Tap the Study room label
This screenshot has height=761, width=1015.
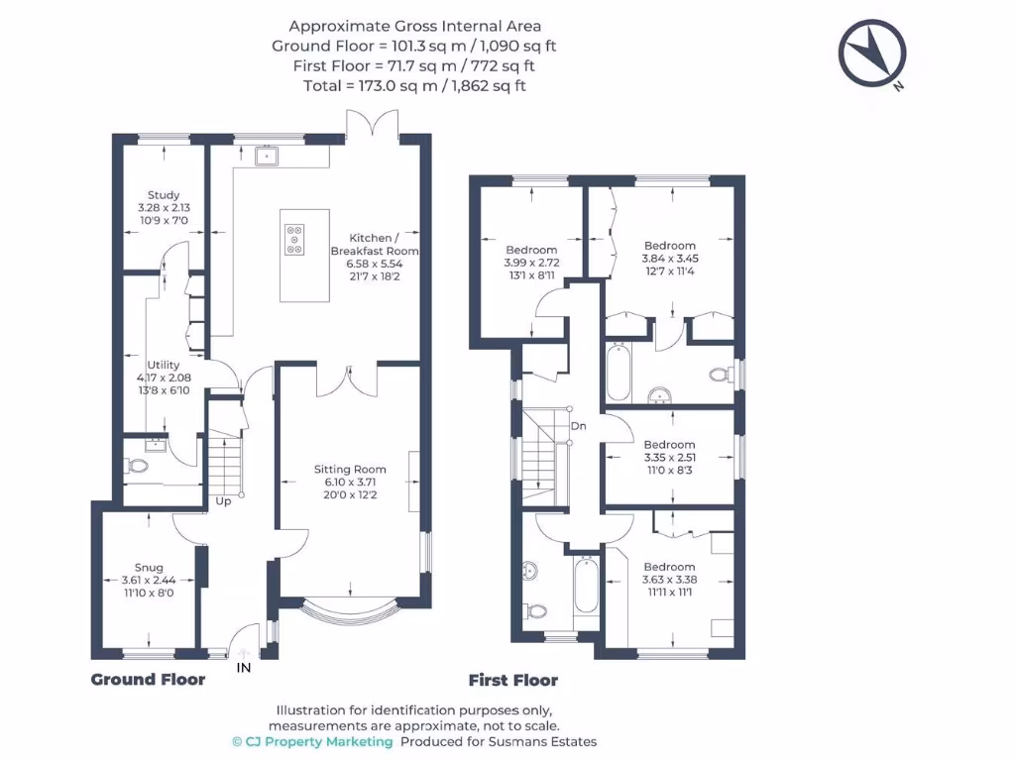tap(164, 195)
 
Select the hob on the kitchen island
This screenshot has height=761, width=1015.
tap(295, 240)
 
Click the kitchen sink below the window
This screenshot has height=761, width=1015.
tap(266, 156)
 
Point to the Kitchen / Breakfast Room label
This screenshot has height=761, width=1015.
tap(374, 245)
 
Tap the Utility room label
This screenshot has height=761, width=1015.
tap(164, 365)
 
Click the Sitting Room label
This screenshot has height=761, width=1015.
tap(350, 469)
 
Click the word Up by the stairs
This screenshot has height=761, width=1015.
tap(224, 501)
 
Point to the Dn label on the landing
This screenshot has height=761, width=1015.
tap(578, 426)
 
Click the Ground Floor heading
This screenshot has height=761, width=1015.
tap(148, 679)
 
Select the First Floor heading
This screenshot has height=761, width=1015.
tap(512, 680)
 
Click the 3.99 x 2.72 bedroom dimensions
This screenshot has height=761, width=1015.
tap(531, 263)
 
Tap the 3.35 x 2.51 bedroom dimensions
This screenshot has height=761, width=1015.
tap(669, 459)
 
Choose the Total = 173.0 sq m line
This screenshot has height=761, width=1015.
tap(414, 85)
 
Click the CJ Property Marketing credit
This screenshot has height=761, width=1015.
tap(312, 741)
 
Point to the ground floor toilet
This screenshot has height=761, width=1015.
tap(137, 464)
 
